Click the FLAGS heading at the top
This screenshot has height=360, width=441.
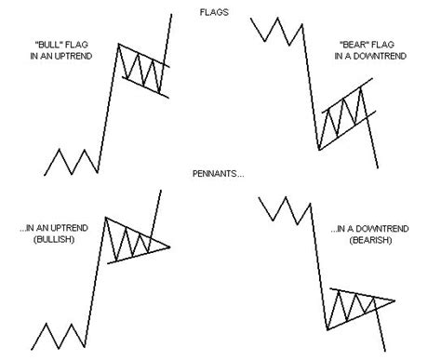(x=219, y=14)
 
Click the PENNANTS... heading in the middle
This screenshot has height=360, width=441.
(x=219, y=173)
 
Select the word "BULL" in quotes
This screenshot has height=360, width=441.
(x=69, y=44)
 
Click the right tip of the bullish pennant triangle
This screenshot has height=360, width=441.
(x=170, y=246)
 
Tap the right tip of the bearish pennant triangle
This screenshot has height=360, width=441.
(x=394, y=300)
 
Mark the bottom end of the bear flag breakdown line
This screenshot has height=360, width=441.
(x=378, y=167)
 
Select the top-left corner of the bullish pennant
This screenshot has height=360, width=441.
(x=106, y=218)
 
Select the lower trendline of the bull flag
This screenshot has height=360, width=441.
(x=142, y=87)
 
